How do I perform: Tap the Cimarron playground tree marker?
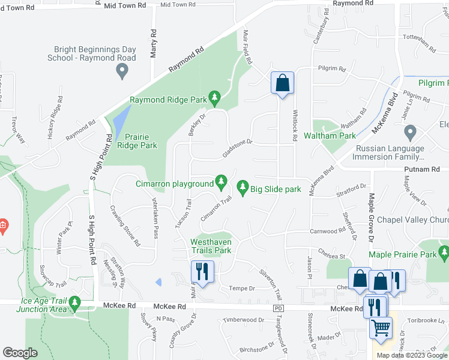(221, 181)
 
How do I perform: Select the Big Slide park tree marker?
(243, 188)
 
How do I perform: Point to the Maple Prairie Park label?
(403, 255)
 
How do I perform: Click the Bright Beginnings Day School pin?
(122, 72)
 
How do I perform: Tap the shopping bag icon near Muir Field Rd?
(282, 83)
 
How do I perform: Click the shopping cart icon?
(381, 328)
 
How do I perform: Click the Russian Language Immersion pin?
(411, 132)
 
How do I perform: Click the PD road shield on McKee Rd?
(277, 308)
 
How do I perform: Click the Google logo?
(20, 353)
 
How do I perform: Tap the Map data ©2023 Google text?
(412, 355)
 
